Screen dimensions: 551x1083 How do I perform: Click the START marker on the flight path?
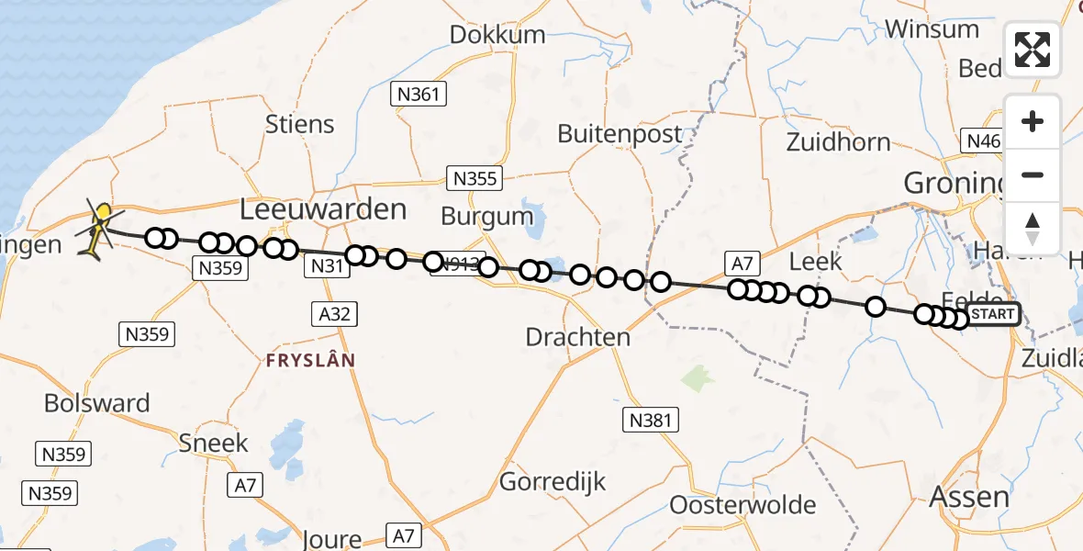tap(993, 314)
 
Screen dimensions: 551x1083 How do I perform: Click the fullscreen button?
tap(1033, 50)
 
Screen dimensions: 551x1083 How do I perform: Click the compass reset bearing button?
tap(1033, 228)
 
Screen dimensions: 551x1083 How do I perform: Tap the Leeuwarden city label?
tap(323, 209)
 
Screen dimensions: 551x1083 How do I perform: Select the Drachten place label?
tap(578, 337)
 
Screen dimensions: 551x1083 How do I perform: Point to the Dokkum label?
tap(497, 36)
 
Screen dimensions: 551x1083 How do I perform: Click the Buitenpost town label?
tap(620, 134)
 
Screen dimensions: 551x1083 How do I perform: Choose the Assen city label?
tap(969, 498)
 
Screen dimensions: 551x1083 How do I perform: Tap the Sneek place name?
tap(214, 444)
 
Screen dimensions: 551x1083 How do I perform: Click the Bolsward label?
tap(96, 404)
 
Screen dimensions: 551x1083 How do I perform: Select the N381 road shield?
tap(651, 421)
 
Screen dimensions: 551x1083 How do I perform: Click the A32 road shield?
tap(334, 314)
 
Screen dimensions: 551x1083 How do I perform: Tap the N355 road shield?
tap(474, 177)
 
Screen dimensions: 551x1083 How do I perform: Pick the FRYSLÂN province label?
tap(310, 361)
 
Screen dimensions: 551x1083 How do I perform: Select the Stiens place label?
tap(300, 125)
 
